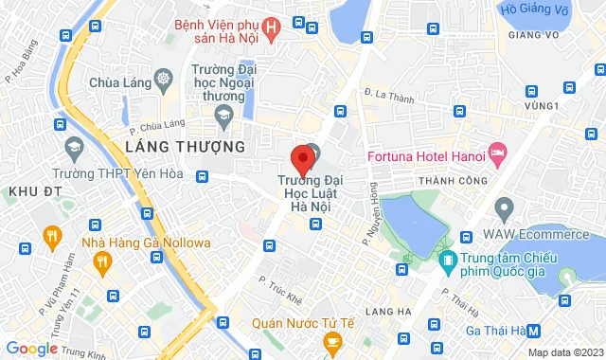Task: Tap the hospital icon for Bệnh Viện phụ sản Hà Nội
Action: [273, 28]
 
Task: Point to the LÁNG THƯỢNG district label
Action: [185, 147]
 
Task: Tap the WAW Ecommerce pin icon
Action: [504, 207]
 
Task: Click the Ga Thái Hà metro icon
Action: [534, 331]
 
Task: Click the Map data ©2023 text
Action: [565, 353]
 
